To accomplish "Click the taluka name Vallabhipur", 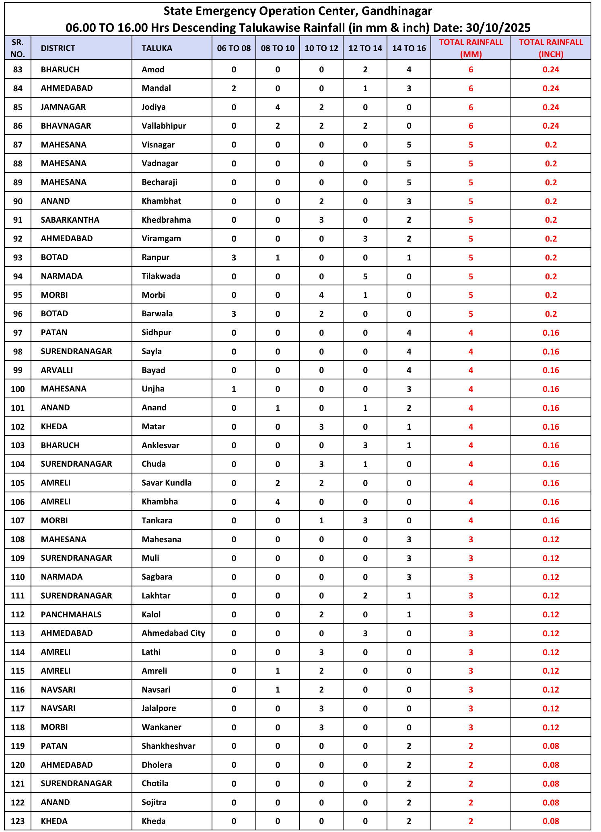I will pyautogui.click(x=164, y=126).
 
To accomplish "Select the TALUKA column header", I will pyautogui.click(x=157, y=48).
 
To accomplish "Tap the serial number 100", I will pyautogui.click(x=18, y=389).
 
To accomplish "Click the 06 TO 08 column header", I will pyautogui.click(x=234, y=48).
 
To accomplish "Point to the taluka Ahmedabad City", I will pyautogui.click(x=173, y=633).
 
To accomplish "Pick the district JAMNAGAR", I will pyautogui.click(x=63, y=107).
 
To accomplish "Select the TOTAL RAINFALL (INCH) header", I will pyautogui.click(x=551, y=48).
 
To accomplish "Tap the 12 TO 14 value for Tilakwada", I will pyautogui.click(x=365, y=276).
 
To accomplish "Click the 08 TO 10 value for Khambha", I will pyautogui.click(x=278, y=502).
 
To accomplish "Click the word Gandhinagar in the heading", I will pyautogui.click(x=397, y=11).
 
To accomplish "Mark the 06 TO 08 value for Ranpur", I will pyautogui.click(x=234, y=257).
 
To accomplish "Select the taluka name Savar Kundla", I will pyautogui.click(x=167, y=483).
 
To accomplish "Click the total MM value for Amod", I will pyautogui.click(x=471, y=70).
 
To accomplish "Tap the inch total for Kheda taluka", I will pyautogui.click(x=551, y=821).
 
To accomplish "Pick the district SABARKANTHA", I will pyautogui.click(x=70, y=220).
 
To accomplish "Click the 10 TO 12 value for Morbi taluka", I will pyautogui.click(x=321, y=295).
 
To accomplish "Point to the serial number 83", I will pyautogui.click(x=18, y=70).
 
